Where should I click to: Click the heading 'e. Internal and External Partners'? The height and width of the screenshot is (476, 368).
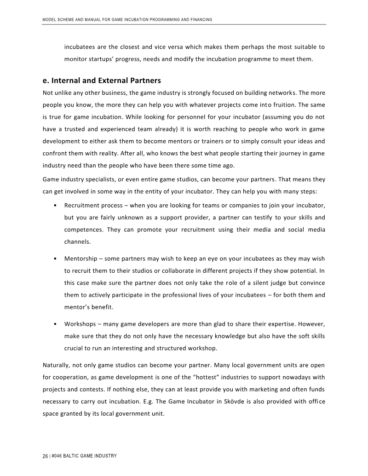pyautogui.click(x=102, y=80)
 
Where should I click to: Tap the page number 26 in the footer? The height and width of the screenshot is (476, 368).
pyautogui.click(x=45, y=456)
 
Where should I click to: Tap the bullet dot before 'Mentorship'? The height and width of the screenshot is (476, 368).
pyautogui.click(x=55, y=258)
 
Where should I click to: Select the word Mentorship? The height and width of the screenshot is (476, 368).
pyautogui.click(x=80, y=258)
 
